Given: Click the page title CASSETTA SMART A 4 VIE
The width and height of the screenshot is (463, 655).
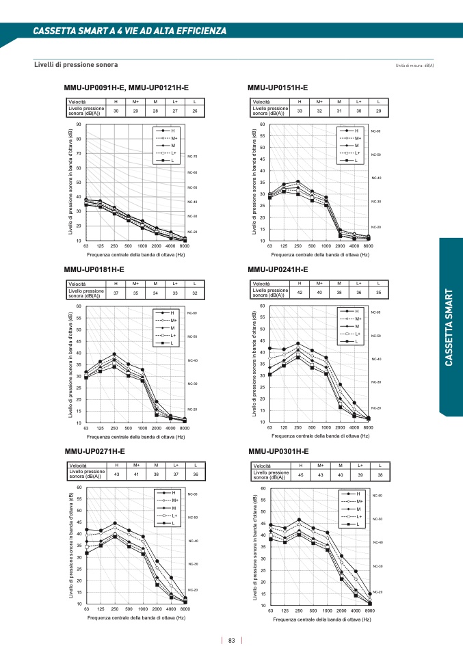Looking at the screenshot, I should point(130,31).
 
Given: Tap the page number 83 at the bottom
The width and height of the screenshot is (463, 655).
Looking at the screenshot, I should point(232,641).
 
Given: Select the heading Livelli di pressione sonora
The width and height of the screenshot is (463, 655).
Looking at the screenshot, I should point(76,65).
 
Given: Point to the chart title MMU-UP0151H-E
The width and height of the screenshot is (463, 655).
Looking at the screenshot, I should point(278,88).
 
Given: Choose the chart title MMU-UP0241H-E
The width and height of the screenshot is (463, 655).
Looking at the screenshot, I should point(278,269).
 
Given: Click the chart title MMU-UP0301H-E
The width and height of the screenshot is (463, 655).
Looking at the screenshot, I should point(278,451).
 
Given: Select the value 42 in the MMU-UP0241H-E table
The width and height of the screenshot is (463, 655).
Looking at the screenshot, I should point(300,293).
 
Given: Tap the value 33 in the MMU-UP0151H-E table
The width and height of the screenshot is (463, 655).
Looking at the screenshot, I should point(300,111).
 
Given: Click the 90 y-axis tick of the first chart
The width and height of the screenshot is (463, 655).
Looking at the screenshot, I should point(79,124).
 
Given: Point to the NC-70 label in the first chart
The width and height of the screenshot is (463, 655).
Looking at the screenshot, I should point(192,157).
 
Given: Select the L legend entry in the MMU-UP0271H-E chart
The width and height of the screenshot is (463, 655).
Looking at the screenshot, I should point(174,523).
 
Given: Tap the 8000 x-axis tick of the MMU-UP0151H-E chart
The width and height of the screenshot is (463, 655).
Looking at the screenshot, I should point(368,245).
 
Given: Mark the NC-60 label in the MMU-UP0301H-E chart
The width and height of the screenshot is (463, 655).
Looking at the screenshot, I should point(378,496).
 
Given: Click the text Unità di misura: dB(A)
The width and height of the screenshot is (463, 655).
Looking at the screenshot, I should point(415,66).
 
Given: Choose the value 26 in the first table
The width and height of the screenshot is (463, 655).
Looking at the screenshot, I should point(195,111).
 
